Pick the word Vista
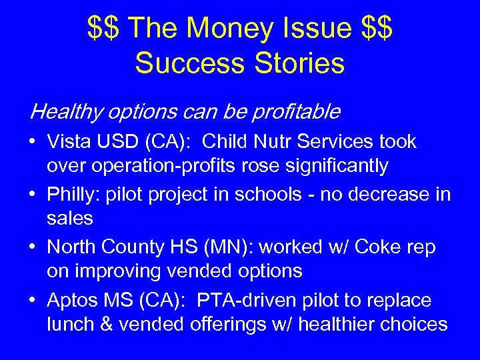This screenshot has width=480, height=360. pyautogui.click(x=67, y=142)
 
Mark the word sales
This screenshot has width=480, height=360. pyautogui.click(x=70, y=219)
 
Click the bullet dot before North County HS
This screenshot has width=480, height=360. pyautogui.click(x=33, y=248)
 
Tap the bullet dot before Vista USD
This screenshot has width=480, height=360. pyautogui.click(x=33, y=143)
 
